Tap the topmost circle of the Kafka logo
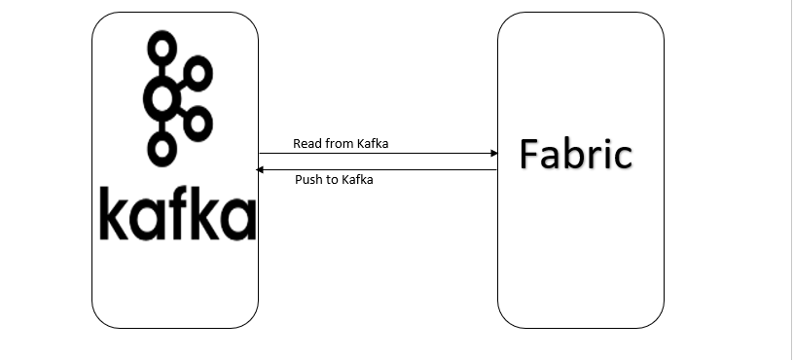pyautogui.click(x=161, y=44)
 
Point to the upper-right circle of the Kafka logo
pyautogui.click(x=198, y=71)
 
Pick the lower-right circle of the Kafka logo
pyautogui.click(x=198, y=122)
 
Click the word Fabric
pyautogui.click(x=576, y=154)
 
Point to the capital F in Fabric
pyautogui.click(x=529, y=154)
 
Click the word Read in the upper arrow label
pyautogui.click(x=307, y=144)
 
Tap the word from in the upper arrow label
pyautogui.click(x=339, y=144)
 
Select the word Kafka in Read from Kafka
pyautogui.click(x=375, y=144)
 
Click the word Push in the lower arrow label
pyautogui.click(x=308, y=180)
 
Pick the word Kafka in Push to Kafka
pyautogui.click(x=358, y=180)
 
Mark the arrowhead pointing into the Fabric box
pyautogui.click(x=493, y=154)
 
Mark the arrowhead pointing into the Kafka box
pyautogui.click(x=260, y=170)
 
